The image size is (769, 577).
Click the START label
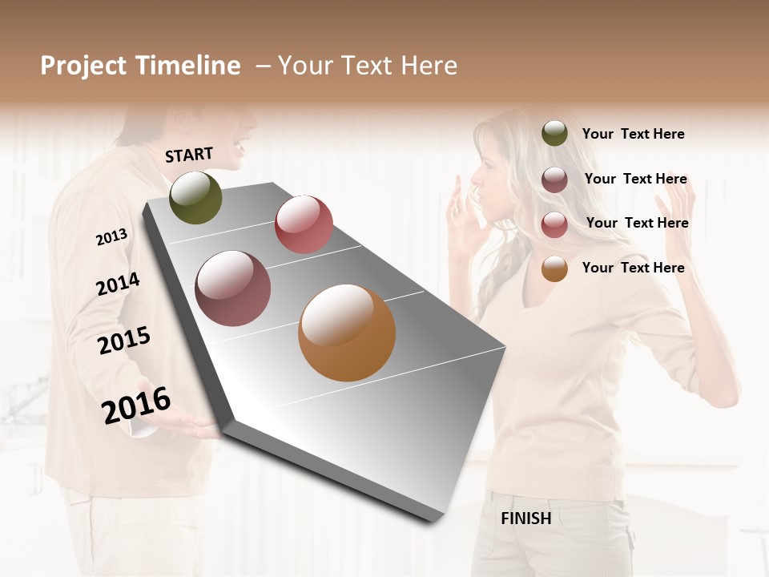(x=189, y=154)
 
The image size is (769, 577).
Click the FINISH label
(x=525, y=518)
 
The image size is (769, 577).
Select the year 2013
(x=111, y=236)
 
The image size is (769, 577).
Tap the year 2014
(x=118, y=284)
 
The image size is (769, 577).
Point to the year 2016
(x=136, y=406)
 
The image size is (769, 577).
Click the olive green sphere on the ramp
(x=195, y=197)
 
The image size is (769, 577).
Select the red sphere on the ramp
(x=304, y=224)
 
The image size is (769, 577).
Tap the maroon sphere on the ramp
(x=233, y=288)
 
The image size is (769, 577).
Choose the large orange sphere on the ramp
(x=347, y=333)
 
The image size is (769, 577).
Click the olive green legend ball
(x=554, y=133)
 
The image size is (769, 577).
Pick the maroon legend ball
(x=554, y=179)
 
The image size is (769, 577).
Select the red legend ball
(x=554, y=224)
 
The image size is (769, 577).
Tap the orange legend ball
(x=554, y=268)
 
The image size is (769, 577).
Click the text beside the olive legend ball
(x=633, y=134)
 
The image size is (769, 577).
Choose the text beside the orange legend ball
(x=633, y=268)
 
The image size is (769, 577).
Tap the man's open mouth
(x=240, y=148)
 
